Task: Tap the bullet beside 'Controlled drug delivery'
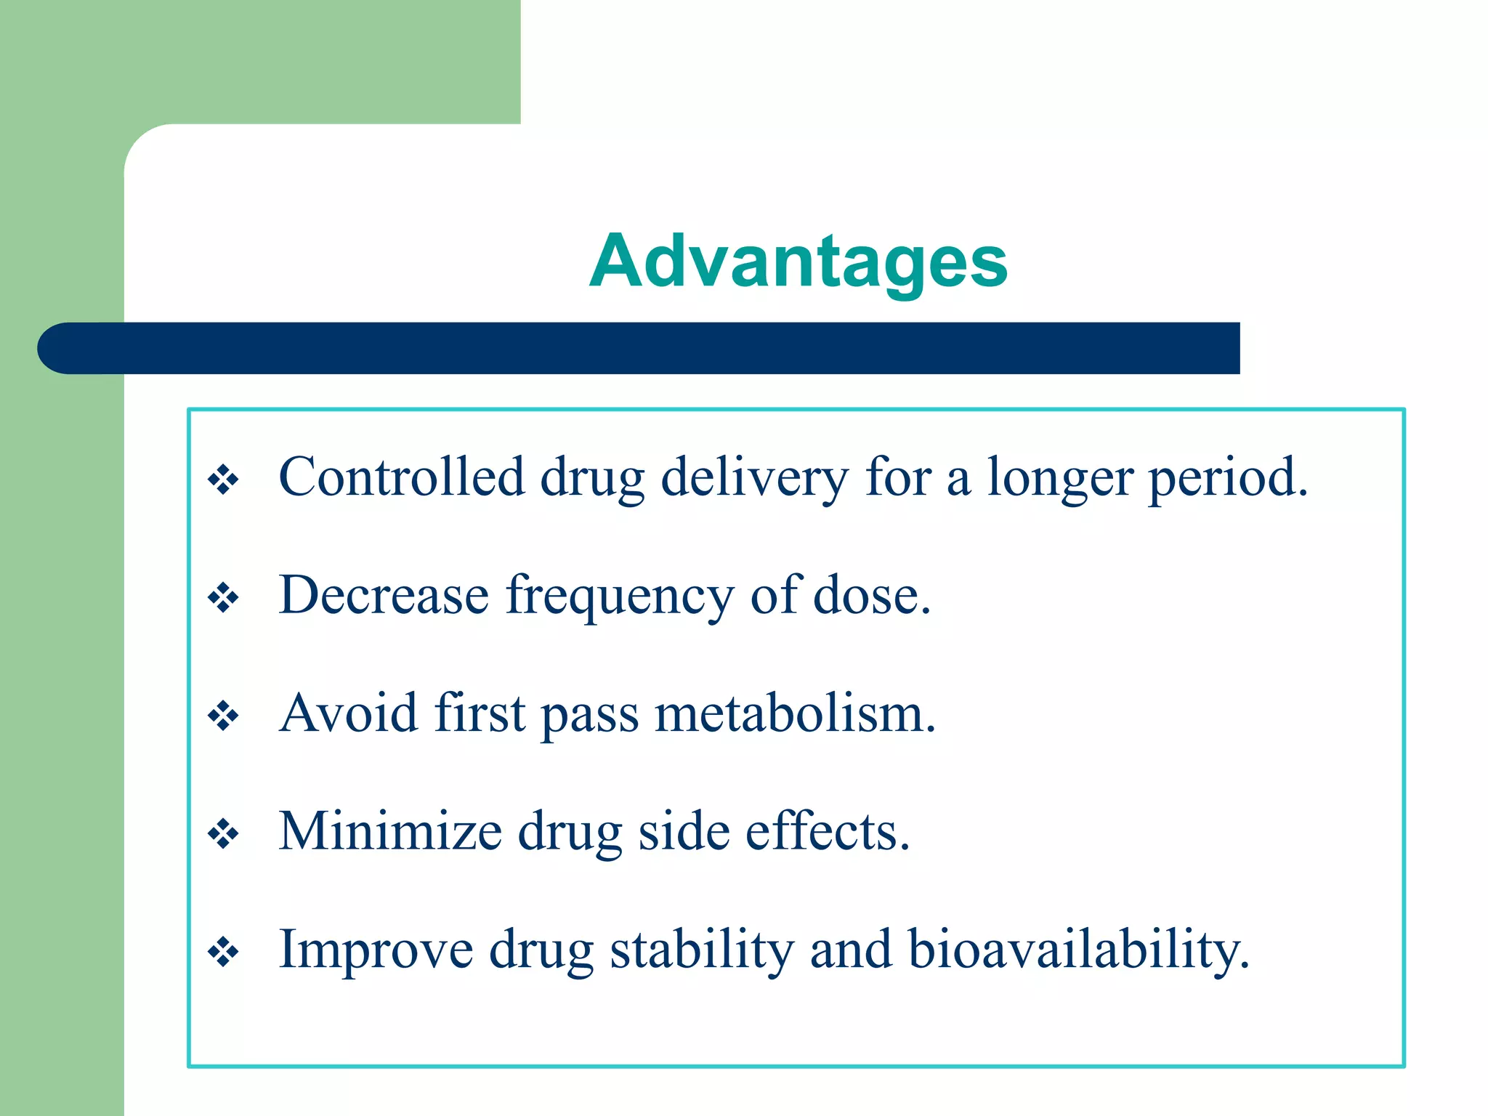[x=223, y=480]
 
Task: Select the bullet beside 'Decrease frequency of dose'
[x=223, y=599]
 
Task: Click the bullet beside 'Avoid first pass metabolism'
[x=223, y=716]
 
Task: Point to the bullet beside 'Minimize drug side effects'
[x=223, y=834]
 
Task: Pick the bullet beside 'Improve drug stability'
[x=223, y=952]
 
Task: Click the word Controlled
[x=401, y=477]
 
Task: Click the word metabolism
[x=795, y=714]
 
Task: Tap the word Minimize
[x=390, y=831]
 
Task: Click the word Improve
[x=376, y=950]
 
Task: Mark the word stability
[x=701, y=950]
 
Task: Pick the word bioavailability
[x=1078, y=950]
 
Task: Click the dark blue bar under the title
[x=639, y=348]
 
